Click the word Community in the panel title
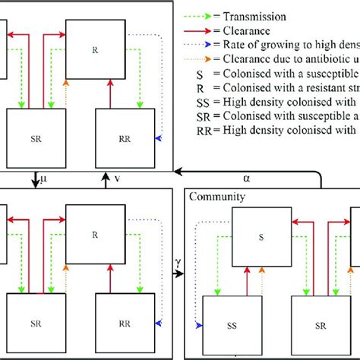coord(219,197)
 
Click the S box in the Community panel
coord(260,238)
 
